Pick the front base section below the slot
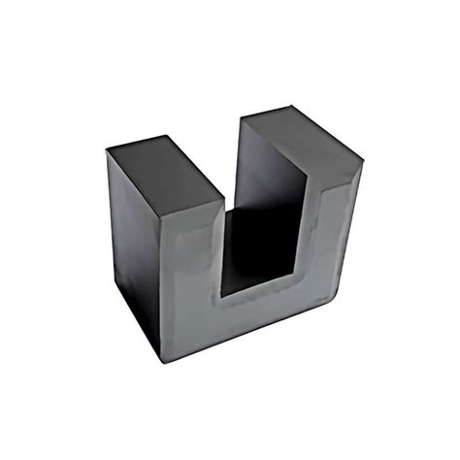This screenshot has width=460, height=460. coord(262,315)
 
